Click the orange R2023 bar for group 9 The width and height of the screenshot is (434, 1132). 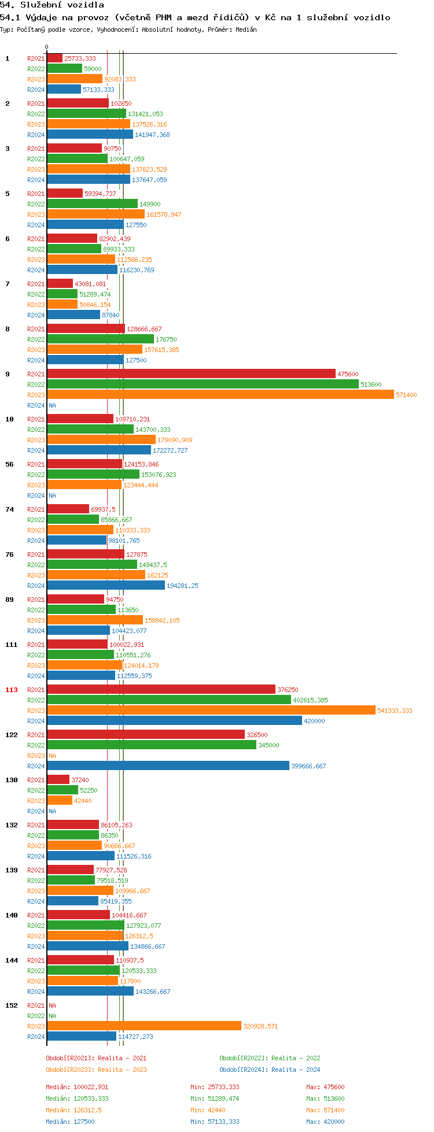tap(220, 395)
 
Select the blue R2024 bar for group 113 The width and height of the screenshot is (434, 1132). tap(174, 721)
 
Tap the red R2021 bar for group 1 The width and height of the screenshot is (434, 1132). tap(54, 58)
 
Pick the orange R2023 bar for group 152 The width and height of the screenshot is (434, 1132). tap(144, 1026)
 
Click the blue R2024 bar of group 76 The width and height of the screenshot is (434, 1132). tap(106, 586)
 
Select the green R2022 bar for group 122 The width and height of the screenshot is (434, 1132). tap(152, 745)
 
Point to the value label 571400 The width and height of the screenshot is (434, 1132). tap(406, 395)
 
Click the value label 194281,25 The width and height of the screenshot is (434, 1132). tap(182, 586)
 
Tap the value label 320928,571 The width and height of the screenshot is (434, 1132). tap(260, 1026)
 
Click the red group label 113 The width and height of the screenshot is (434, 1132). tap(12, 690)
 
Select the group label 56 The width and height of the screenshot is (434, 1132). tap(10, 464)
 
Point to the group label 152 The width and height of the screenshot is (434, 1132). tap(12, 1005)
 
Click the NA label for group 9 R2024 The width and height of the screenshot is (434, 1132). tap(52, 405)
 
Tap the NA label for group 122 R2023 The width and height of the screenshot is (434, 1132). tap(52, 756)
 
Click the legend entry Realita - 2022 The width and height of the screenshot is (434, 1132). tap(270, 1058)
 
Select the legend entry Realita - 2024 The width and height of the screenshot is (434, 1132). tap(270, 1070)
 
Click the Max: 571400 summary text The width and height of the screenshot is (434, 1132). tap(325, 1110)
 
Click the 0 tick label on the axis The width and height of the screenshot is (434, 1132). tap(47, 47)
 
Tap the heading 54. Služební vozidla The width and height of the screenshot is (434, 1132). tap(52, 5)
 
